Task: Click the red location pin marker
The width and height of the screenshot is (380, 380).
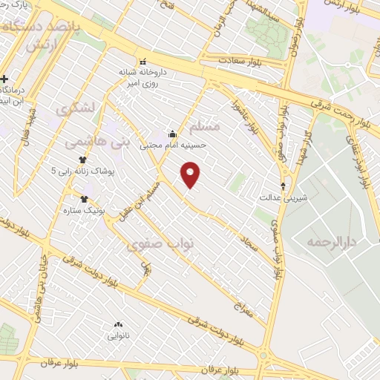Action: (191, 174)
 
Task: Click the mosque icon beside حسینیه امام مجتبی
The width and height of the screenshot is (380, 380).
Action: (172, 134)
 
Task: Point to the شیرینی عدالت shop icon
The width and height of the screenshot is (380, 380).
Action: (283, 186)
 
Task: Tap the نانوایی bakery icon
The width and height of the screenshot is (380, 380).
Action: (117, 324)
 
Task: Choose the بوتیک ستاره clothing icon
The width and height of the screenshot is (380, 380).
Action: (84, 199)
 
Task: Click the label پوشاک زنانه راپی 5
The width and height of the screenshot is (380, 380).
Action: (84, 171)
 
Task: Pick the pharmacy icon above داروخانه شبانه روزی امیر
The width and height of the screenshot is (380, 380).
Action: (142, 62)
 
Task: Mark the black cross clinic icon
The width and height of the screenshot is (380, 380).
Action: (5, 79)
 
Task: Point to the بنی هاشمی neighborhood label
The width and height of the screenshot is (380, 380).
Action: (94, 140)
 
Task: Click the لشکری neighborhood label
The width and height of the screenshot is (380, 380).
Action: (74, 108)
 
